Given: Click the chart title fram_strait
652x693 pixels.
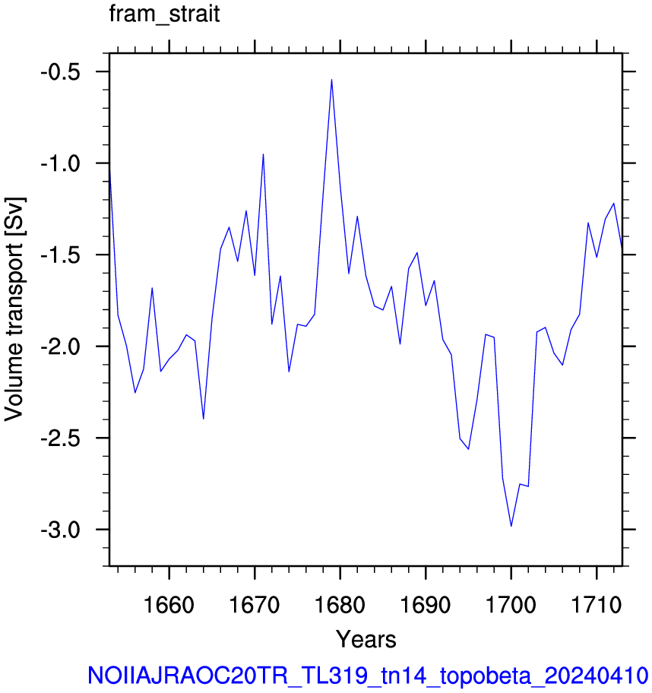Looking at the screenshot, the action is click(x=164, y=14).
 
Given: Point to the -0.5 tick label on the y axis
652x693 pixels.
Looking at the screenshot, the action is click(x=61, y=72).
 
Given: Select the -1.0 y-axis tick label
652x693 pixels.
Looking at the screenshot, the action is click(x=61, y=163).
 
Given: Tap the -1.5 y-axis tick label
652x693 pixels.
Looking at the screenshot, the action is click(x=61, y=255).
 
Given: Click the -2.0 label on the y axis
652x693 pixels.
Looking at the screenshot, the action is click(x=61, y=346).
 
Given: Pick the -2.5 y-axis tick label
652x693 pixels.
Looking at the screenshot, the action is click(x=61, y=438).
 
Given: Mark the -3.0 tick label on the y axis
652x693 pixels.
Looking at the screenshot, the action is click(x=61, y=530).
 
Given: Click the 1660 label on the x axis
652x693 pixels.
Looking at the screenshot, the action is click(x=169, y=605).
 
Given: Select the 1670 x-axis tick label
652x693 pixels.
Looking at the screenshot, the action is click(x=255, y=605).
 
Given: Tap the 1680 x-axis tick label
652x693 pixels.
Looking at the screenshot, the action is click(x=340, y=605).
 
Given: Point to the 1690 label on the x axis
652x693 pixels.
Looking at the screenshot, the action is click(x=426, y=605).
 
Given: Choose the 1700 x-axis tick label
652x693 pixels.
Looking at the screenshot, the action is click(x=511, y=605).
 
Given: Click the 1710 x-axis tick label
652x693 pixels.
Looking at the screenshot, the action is click(x=597, y=605).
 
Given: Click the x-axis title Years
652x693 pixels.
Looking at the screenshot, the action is click(x=366, y=639).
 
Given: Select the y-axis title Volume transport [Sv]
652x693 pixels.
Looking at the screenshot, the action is click(x=15, y=309).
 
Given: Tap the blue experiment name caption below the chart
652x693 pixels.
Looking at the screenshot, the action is click(x=369, y=676).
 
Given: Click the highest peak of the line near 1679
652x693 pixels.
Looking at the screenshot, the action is click(x=331, y=80).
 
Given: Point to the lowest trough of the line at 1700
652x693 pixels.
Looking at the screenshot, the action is click(x=511, y=526).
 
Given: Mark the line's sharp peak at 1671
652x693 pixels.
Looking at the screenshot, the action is click(x=263, y=154).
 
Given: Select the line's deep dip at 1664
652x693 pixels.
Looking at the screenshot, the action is click(x=204, y=419).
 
